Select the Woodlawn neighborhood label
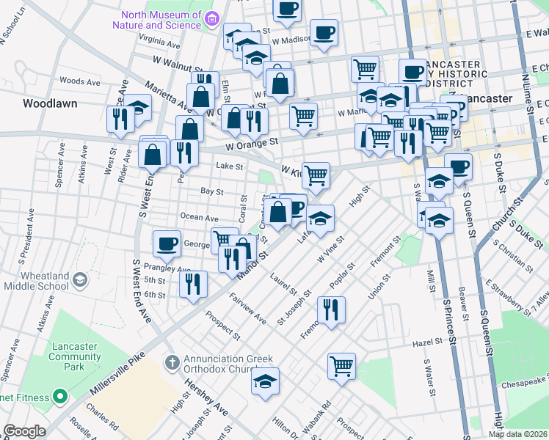50,103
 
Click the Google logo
25,431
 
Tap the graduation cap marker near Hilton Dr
265,381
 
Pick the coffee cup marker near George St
167,243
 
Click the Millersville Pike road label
117,375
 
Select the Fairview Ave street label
248,308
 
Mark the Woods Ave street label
80,81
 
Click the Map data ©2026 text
517,434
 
